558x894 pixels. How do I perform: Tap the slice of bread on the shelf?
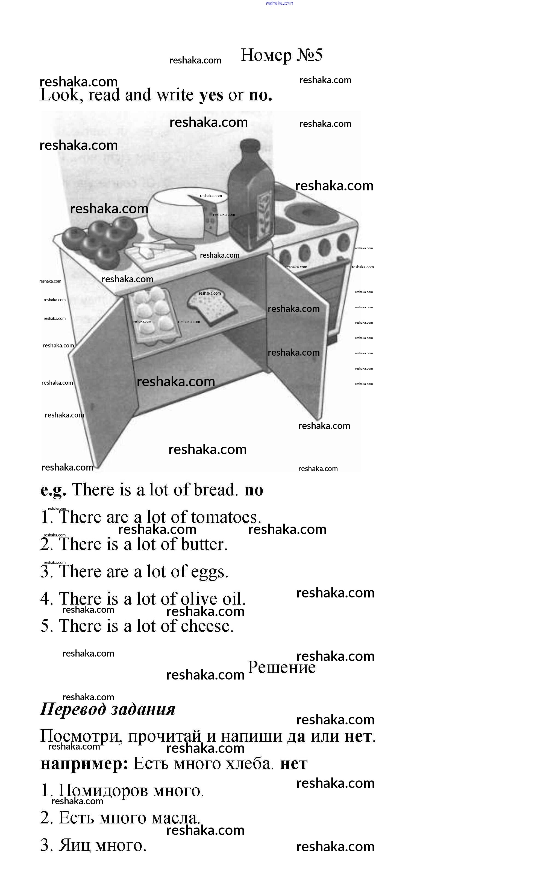click(x=212, y=306)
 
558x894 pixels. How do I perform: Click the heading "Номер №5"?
click(x=281, y=55)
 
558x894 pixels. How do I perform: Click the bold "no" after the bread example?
click(x=254, y=490)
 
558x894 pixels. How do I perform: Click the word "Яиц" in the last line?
click(x=75, y=846)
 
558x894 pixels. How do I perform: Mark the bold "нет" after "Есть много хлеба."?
click(x=294, y=764)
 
